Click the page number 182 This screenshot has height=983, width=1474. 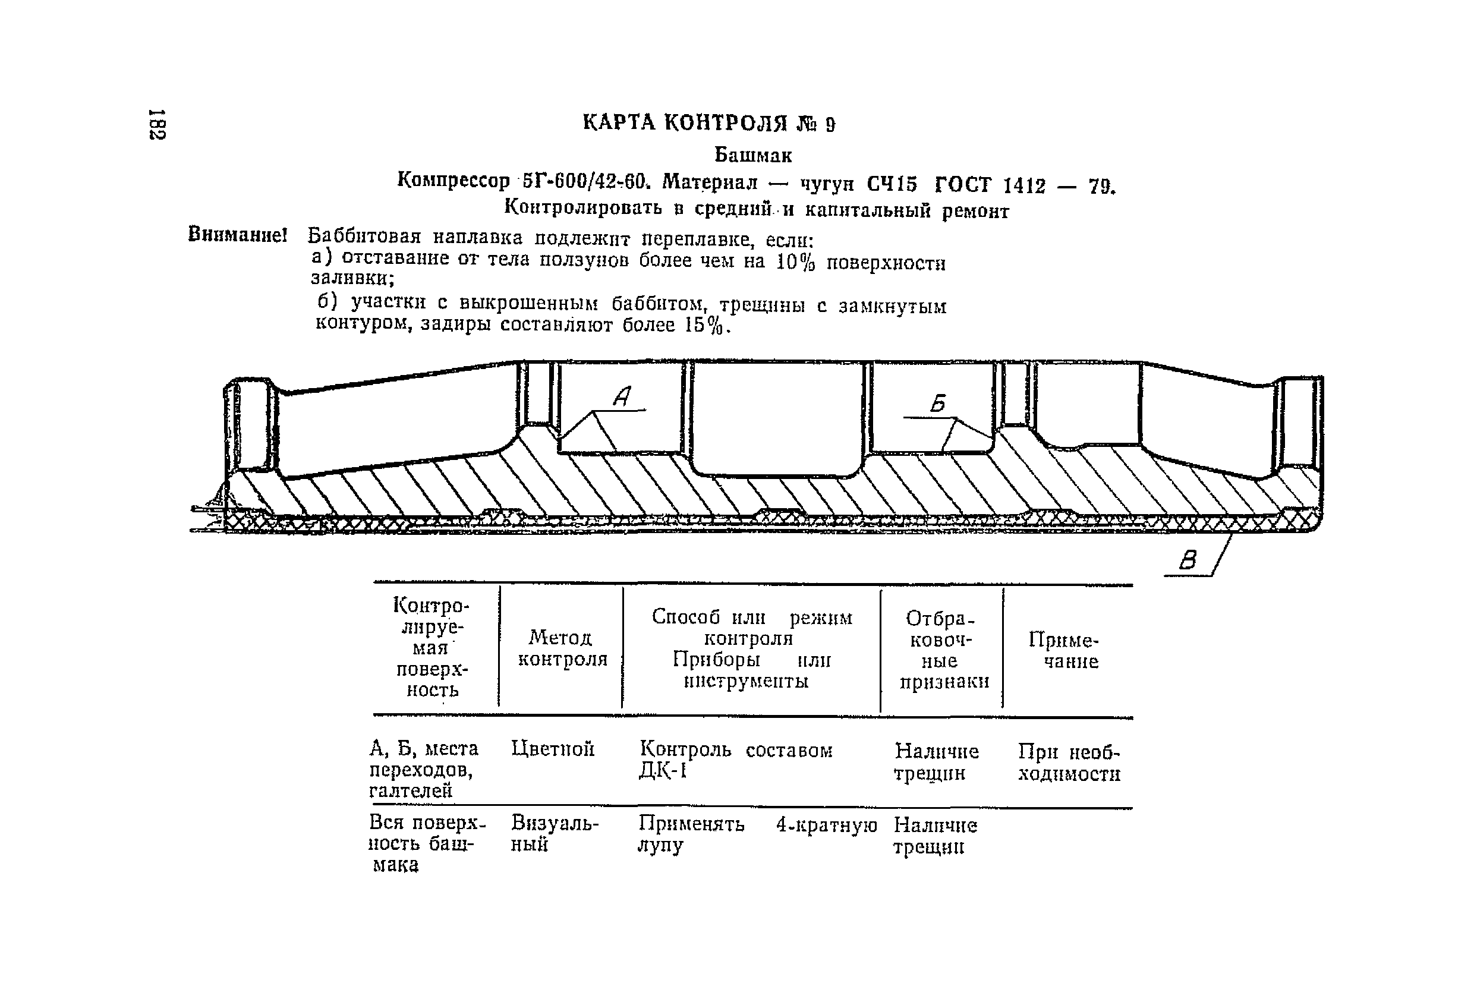pyautogui.click(x=157, y=125)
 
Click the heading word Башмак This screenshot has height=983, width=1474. pyautogui.click(x=753, y=155)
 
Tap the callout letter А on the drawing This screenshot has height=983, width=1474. pyautogui.click(x=622, y=396)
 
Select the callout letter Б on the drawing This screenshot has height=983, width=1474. pyautogui.click(x=938, y=403)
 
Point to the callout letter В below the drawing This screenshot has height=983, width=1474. pyautogui.click(x=1188, y=560)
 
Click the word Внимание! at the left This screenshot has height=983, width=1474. pyautogui.click(x=238, y=235)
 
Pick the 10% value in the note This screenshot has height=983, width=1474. pyautogui.click(x=796, y=261)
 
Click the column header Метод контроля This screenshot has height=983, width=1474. pyautogui.click(x=562, y=648)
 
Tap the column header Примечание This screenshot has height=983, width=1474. pyautogui.click(x=1070, y=651)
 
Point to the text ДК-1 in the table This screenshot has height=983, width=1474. pyautogui.click(x=663, y=770)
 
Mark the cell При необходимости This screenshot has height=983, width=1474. pyautogui.click(x=1069, y=763)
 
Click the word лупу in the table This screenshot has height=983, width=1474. pyautogui.click(x=660, y=845)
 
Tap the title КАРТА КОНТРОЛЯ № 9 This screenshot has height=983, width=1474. pyautogui.click(x=708, y=123)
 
